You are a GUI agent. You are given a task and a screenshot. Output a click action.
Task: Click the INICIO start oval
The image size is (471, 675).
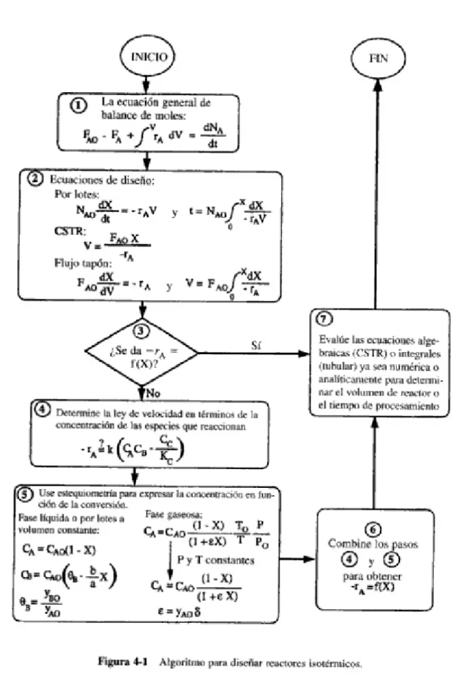(148, 56)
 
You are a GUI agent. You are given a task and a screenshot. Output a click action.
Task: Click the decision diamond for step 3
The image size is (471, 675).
(143, 353)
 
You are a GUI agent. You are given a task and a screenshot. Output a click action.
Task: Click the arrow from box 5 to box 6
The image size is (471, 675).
(295, 558)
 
